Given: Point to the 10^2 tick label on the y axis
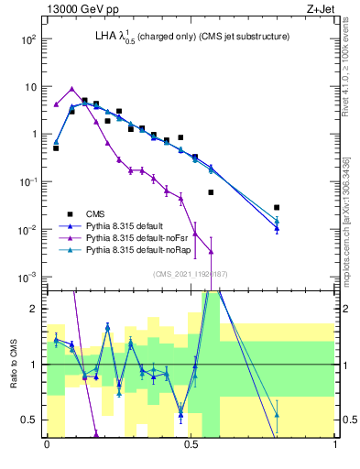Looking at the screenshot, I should pos(27,39).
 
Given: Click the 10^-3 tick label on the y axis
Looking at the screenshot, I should pos(27,277).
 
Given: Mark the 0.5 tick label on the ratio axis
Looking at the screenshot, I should pos(30,420).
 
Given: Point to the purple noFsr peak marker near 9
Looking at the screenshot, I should pos(71,89).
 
